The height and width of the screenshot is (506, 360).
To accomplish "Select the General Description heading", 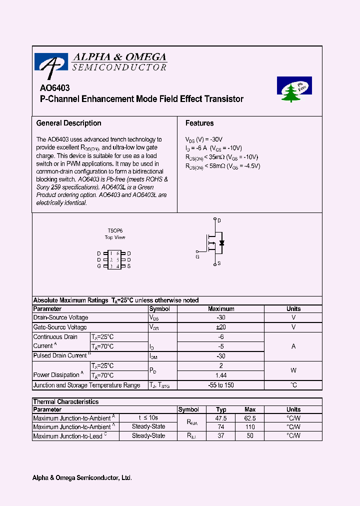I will click(69, 123).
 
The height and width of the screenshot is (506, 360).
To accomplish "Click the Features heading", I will click(199, 123).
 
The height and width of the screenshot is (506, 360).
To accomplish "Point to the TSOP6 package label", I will click(115, 231).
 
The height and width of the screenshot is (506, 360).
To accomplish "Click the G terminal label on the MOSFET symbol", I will click(197, 256).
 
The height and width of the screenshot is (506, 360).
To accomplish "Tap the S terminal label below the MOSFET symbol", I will click(219, 263).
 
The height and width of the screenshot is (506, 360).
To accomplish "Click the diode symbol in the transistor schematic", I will click(221, 243).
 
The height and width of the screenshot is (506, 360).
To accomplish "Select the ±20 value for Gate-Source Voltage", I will click(221, 327).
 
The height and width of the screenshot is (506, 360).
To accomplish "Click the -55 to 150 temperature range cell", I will click(221, 385).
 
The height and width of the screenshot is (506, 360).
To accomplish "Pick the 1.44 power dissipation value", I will click(221, 375).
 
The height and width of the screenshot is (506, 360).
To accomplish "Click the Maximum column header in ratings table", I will click(221, 309).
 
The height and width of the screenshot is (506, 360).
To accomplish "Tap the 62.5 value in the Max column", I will click(250, 418).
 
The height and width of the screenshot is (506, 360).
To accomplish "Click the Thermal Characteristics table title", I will click(66, 401).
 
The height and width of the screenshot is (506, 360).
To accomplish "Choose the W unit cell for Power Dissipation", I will click(293, 370).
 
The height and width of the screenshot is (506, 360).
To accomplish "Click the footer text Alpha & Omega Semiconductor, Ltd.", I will click(82, 478).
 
